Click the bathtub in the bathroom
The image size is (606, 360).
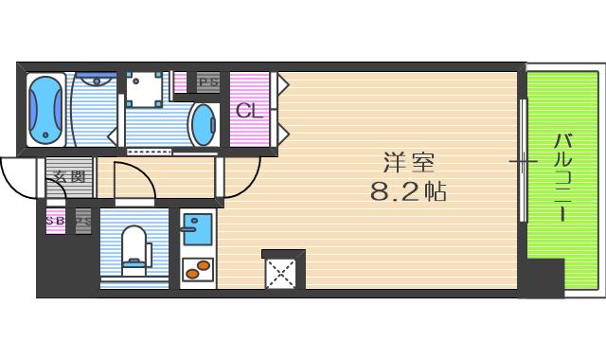(45, 109)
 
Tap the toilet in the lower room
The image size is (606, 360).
(134, 247)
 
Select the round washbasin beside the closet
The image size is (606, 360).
(204, 124)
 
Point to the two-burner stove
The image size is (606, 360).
(197, 268)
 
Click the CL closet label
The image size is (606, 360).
(248, 111)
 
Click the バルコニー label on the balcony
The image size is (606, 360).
(561, 176)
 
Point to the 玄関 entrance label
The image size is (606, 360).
(68, 176)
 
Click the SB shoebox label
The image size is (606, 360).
(55, 220)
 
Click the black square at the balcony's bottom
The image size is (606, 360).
(543, 279)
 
